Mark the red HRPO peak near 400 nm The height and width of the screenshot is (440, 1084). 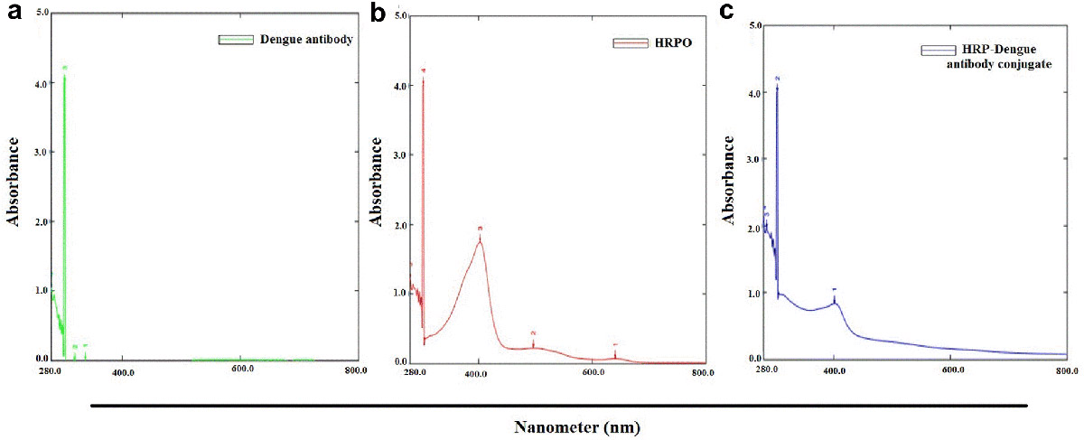tap(480, 240)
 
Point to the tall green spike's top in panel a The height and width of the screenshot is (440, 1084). tap(63, 77)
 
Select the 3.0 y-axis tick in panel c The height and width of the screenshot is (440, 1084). tap(753, 159)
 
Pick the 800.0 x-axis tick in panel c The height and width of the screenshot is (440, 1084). tap(1066, 370)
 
